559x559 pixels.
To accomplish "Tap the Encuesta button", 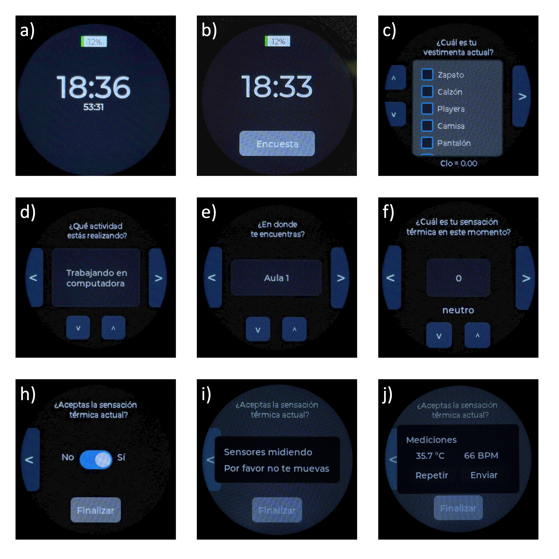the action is pos(277,143).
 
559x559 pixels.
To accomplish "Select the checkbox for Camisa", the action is pos(427,126).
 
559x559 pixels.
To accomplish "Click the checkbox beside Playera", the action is pos(427,109).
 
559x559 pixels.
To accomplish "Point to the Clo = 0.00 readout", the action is pos(459,163).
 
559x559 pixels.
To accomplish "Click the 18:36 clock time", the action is pos(93,87).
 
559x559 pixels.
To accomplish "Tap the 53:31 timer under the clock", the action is pos(93,107).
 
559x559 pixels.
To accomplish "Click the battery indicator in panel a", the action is pos(94,42).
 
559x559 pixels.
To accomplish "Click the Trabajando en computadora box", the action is pos(96,278).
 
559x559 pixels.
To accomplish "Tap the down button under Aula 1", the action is pos(258,329).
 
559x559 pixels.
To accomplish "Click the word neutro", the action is pos(458,310).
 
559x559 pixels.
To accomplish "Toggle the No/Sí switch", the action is pos(96,459).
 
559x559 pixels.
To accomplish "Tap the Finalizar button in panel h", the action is pos(96,510).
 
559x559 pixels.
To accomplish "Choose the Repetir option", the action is pos(432,475).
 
